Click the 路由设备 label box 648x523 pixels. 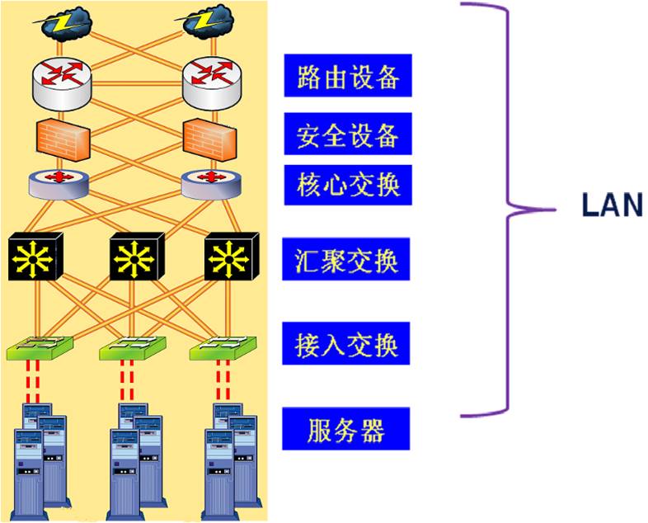click(x=346, y=76)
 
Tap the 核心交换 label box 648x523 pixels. click(x=346, y=184)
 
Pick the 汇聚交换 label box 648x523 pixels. click(x=346, y=259)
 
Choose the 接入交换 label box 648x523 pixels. click(x=346, y=344)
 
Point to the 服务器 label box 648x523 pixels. click(x=346, y=429)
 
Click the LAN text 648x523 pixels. click(x=611, y=205)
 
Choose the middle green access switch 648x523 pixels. click(x=129, y=348)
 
